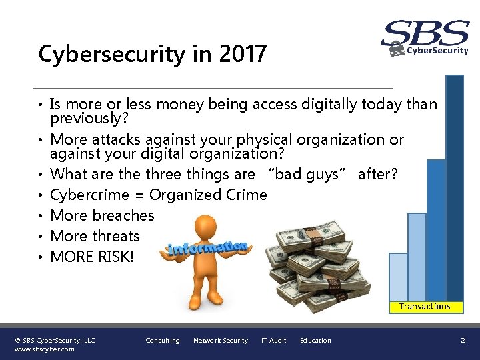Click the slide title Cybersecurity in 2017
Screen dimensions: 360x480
coord(152,54)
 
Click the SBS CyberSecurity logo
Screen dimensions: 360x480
coord(425,38)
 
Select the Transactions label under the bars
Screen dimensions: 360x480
coord(425,307)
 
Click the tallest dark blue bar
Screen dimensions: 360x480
coord(454,187)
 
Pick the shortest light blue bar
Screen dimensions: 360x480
coord(398,276)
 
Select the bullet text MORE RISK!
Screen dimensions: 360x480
coord(92,257)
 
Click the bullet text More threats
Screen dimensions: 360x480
coord(95,236)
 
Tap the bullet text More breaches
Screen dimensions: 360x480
coord(102,215)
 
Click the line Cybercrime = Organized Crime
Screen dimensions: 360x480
coord(158,195)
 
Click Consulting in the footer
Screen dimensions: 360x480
coord(163,341)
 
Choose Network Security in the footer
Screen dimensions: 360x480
coord(220,341)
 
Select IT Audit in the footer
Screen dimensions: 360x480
coord(273,341)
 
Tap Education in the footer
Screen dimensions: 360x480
coord(315,341)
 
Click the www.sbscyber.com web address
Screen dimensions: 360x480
coord(45,349)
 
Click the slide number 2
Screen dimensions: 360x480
coord(463,341)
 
